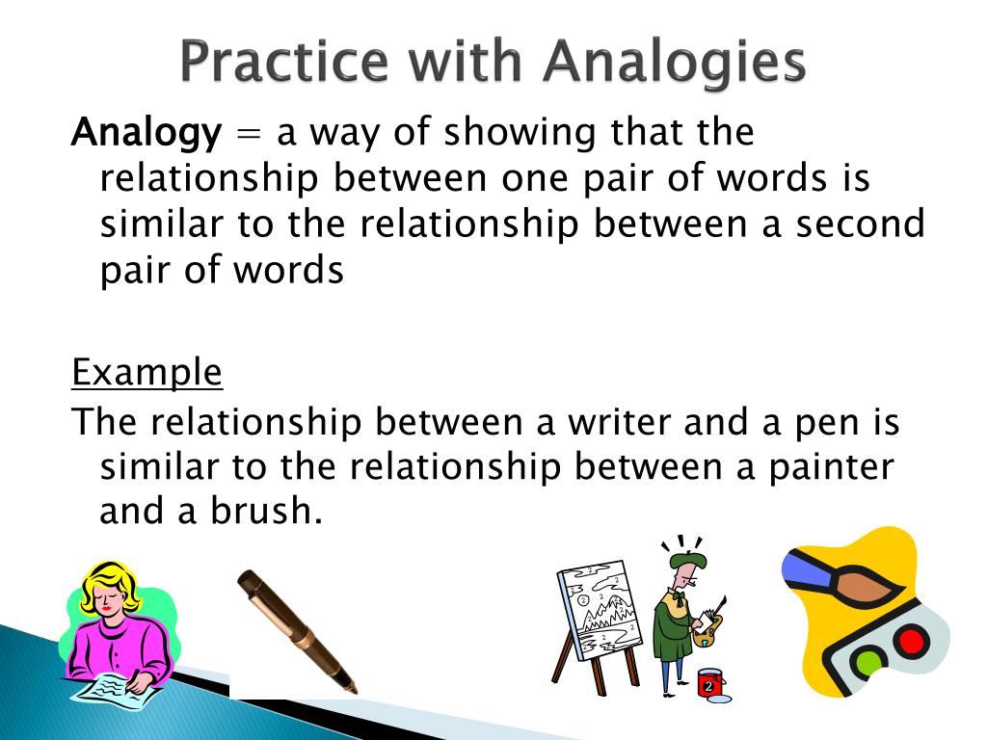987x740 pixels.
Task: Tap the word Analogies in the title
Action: coord(674,63)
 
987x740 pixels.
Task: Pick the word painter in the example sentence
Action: coord(830,467)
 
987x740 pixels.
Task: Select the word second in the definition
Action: coord(860,225)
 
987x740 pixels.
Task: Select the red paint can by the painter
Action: coord(710,683)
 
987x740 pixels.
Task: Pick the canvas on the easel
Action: coord(597,607)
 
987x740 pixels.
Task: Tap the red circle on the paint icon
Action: coord(910,641)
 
